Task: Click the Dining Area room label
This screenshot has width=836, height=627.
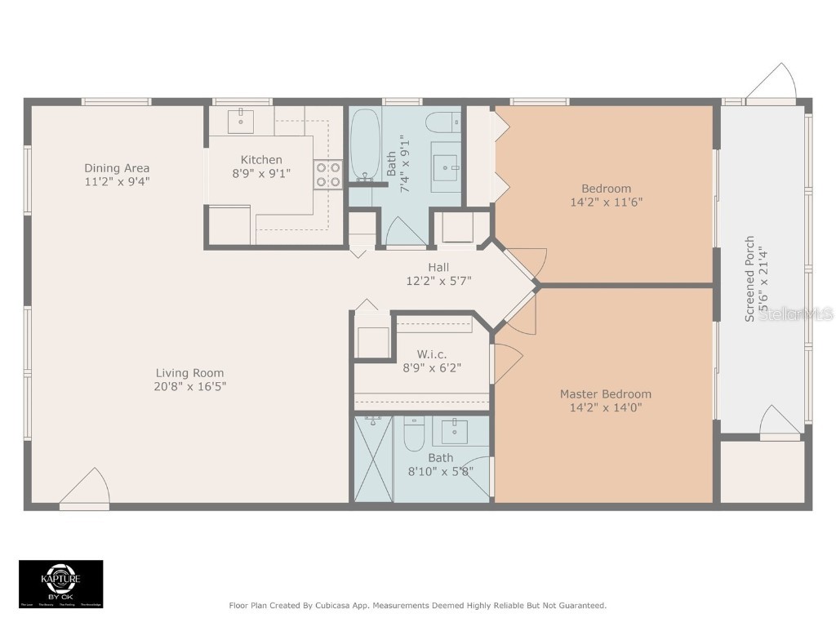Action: pos(117,168)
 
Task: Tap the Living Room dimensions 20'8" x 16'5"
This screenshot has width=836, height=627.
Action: pos(190,386)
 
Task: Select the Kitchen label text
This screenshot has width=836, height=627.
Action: pos(261,160)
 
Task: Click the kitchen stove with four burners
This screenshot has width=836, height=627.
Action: pos(328,176)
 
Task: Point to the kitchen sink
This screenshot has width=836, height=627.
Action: pos(241,120)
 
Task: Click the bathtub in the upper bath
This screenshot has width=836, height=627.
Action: pos(364,145)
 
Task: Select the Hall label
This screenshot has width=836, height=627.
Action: pos(438,267)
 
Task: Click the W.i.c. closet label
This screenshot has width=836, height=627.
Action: pos(432,354)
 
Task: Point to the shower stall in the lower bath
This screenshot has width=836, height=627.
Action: pos(374,459)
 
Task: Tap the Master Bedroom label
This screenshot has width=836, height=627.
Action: pos(605,394)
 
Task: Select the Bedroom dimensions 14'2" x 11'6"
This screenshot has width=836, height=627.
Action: pos(607,202)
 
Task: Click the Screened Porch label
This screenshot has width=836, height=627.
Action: pos(749,279)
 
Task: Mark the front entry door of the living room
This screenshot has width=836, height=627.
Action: pos(86,490)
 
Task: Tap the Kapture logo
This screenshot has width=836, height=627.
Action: pos(61,583)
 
